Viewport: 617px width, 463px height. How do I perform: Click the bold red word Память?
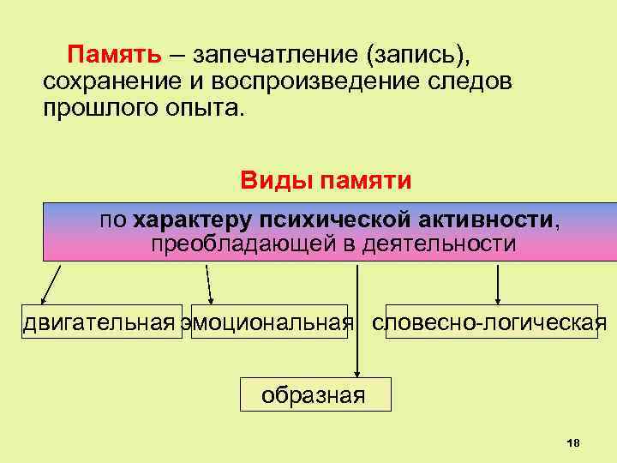point(115,55)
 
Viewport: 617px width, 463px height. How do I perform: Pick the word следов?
point(476,83)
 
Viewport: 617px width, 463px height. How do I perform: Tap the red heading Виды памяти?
point(326,181)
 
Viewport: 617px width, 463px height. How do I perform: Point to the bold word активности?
point(471,219)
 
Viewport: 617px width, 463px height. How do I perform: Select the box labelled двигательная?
point(102,322)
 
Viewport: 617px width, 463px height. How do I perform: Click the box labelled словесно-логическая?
point(492,322)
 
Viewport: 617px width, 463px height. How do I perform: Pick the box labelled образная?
point(314,394)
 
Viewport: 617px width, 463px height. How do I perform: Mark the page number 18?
point(573,442)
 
